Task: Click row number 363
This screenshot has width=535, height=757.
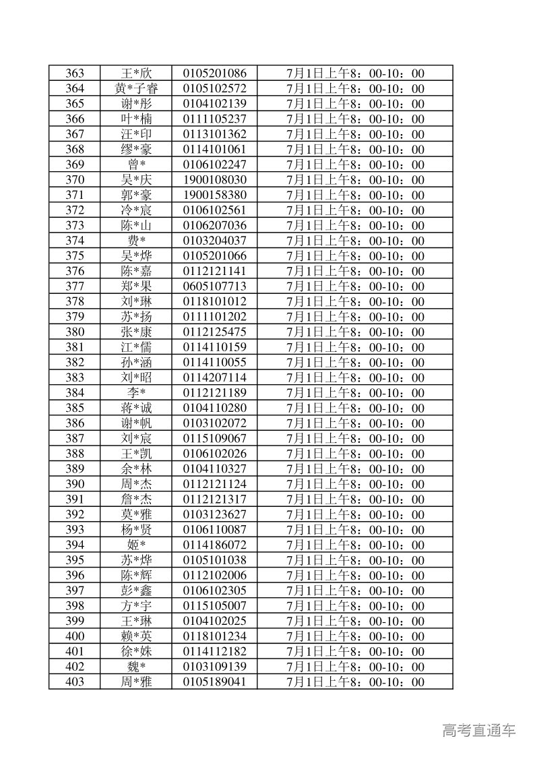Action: click(x=75, y=73)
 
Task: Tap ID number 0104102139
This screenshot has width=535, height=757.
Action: click(x=214, y=104)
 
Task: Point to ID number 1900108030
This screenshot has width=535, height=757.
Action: click(x=214, y=180)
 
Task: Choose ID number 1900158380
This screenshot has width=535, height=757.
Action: click(x=214, y=195)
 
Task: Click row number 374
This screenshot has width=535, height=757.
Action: click(x=75, y=241)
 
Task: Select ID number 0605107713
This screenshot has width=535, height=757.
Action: click(x=214, y=286)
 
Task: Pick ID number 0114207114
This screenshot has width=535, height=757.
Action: click(x=214, y=377)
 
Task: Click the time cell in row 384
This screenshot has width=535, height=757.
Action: click(x=355, y=393)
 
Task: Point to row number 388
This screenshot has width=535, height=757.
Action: click(x=75, y=454)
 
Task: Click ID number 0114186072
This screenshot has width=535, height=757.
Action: click(x=214, y=545)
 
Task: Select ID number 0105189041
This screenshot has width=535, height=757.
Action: click(x=214, y=682)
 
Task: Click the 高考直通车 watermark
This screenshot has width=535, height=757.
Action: click(x=479, y=729)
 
